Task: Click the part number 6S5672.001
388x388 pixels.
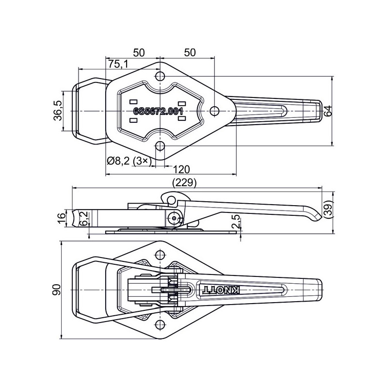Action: click(x=158, y=112)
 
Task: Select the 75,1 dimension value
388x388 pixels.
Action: click(x=118, y=64)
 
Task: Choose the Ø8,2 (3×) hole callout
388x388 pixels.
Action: click(x=129, y=161)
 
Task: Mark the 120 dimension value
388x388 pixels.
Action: click(x=180, y=169)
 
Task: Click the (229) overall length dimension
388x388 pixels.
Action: click(x=184, y=183)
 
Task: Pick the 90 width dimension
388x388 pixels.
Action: click(x=57, y=290)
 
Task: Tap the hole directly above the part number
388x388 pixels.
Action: click(x=159, y=76)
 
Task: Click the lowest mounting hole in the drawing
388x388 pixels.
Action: click(x=159, y=324)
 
